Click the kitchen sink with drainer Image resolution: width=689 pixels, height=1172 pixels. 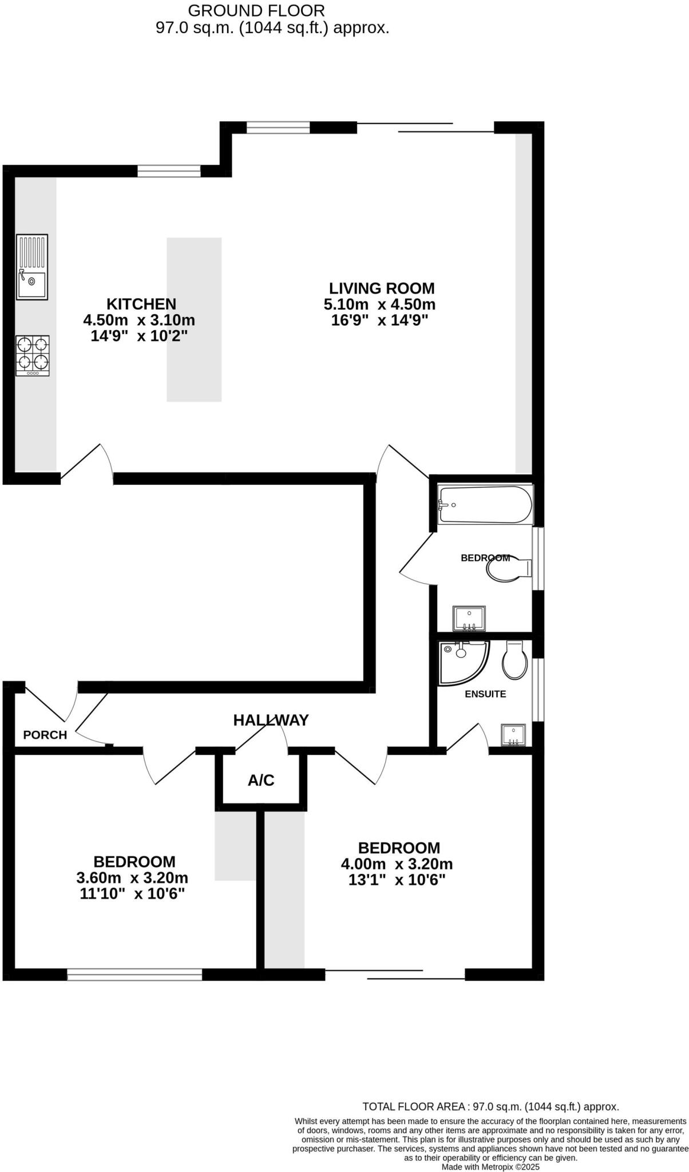(x=32, y=267)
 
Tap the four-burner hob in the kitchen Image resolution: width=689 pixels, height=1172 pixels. (x=33, y=355)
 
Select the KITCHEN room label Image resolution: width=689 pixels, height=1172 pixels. (x=141, y=304)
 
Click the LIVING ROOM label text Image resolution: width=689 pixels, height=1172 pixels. (x=382, y=288)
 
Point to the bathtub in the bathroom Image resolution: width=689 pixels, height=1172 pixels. (x=485, y=504)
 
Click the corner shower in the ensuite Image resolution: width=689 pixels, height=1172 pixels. (x=462, y=662)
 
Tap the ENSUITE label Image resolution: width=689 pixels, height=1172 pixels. (x=485, y=694)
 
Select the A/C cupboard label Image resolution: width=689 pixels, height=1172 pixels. (x=261, y=780)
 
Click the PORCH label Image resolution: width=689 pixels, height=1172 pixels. (x=45, y=735)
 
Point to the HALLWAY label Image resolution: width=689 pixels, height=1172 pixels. (x=271, y=720)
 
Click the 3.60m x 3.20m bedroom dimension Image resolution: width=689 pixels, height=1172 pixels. (x=132, y=878)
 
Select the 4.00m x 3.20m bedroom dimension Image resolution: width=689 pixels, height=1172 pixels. (x=397, y=864)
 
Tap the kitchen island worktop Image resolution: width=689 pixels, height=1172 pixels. (x=194, y=319)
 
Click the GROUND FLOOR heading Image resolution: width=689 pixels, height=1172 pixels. (x=256, y=10)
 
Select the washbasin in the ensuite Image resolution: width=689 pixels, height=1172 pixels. (x=513, y=735)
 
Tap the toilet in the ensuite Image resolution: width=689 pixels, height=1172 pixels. (x=514, y=660)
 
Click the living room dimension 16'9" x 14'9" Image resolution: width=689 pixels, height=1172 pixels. (x=380, y=320)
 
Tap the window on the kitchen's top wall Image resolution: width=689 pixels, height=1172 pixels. (x=169, y=171)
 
